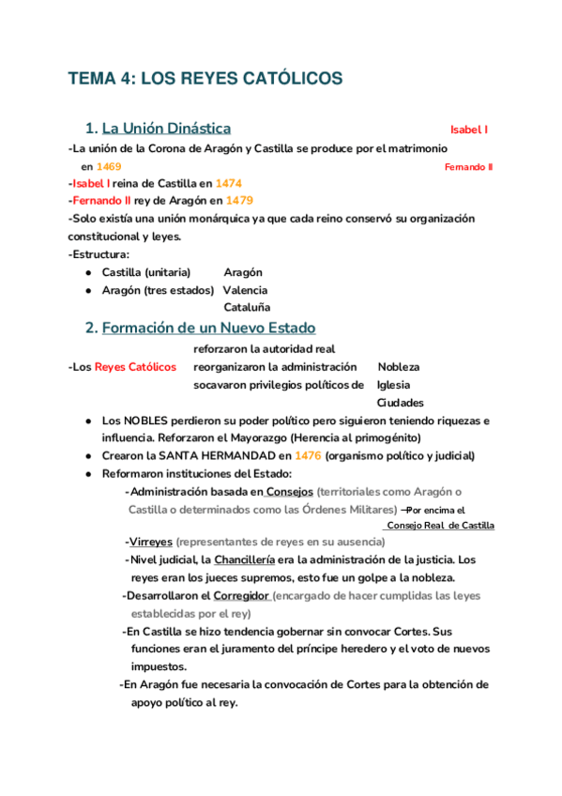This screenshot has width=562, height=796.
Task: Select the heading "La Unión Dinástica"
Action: coord(166,129)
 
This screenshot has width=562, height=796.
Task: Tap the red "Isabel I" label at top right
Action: coord(469,130)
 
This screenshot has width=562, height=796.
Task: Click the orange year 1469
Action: coord(109,166)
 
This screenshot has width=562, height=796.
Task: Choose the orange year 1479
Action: coord(238,201)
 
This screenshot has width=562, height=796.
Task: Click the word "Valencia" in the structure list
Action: coord(246,290)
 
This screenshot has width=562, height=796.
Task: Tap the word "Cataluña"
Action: coord(247,307)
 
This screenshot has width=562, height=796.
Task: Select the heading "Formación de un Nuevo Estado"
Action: coord(208,328)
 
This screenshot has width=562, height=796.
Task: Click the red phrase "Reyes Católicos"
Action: coord(135,366)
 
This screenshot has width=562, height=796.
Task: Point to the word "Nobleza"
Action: coord(399,366)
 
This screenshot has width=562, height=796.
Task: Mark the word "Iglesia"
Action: coord(393,384)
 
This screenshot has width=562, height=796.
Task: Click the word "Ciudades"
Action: coord(401,402)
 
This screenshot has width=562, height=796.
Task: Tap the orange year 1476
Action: coord(308,455)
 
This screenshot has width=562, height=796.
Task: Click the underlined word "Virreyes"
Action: coord(150,543)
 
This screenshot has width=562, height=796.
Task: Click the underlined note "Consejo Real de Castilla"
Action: coord(440,526)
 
